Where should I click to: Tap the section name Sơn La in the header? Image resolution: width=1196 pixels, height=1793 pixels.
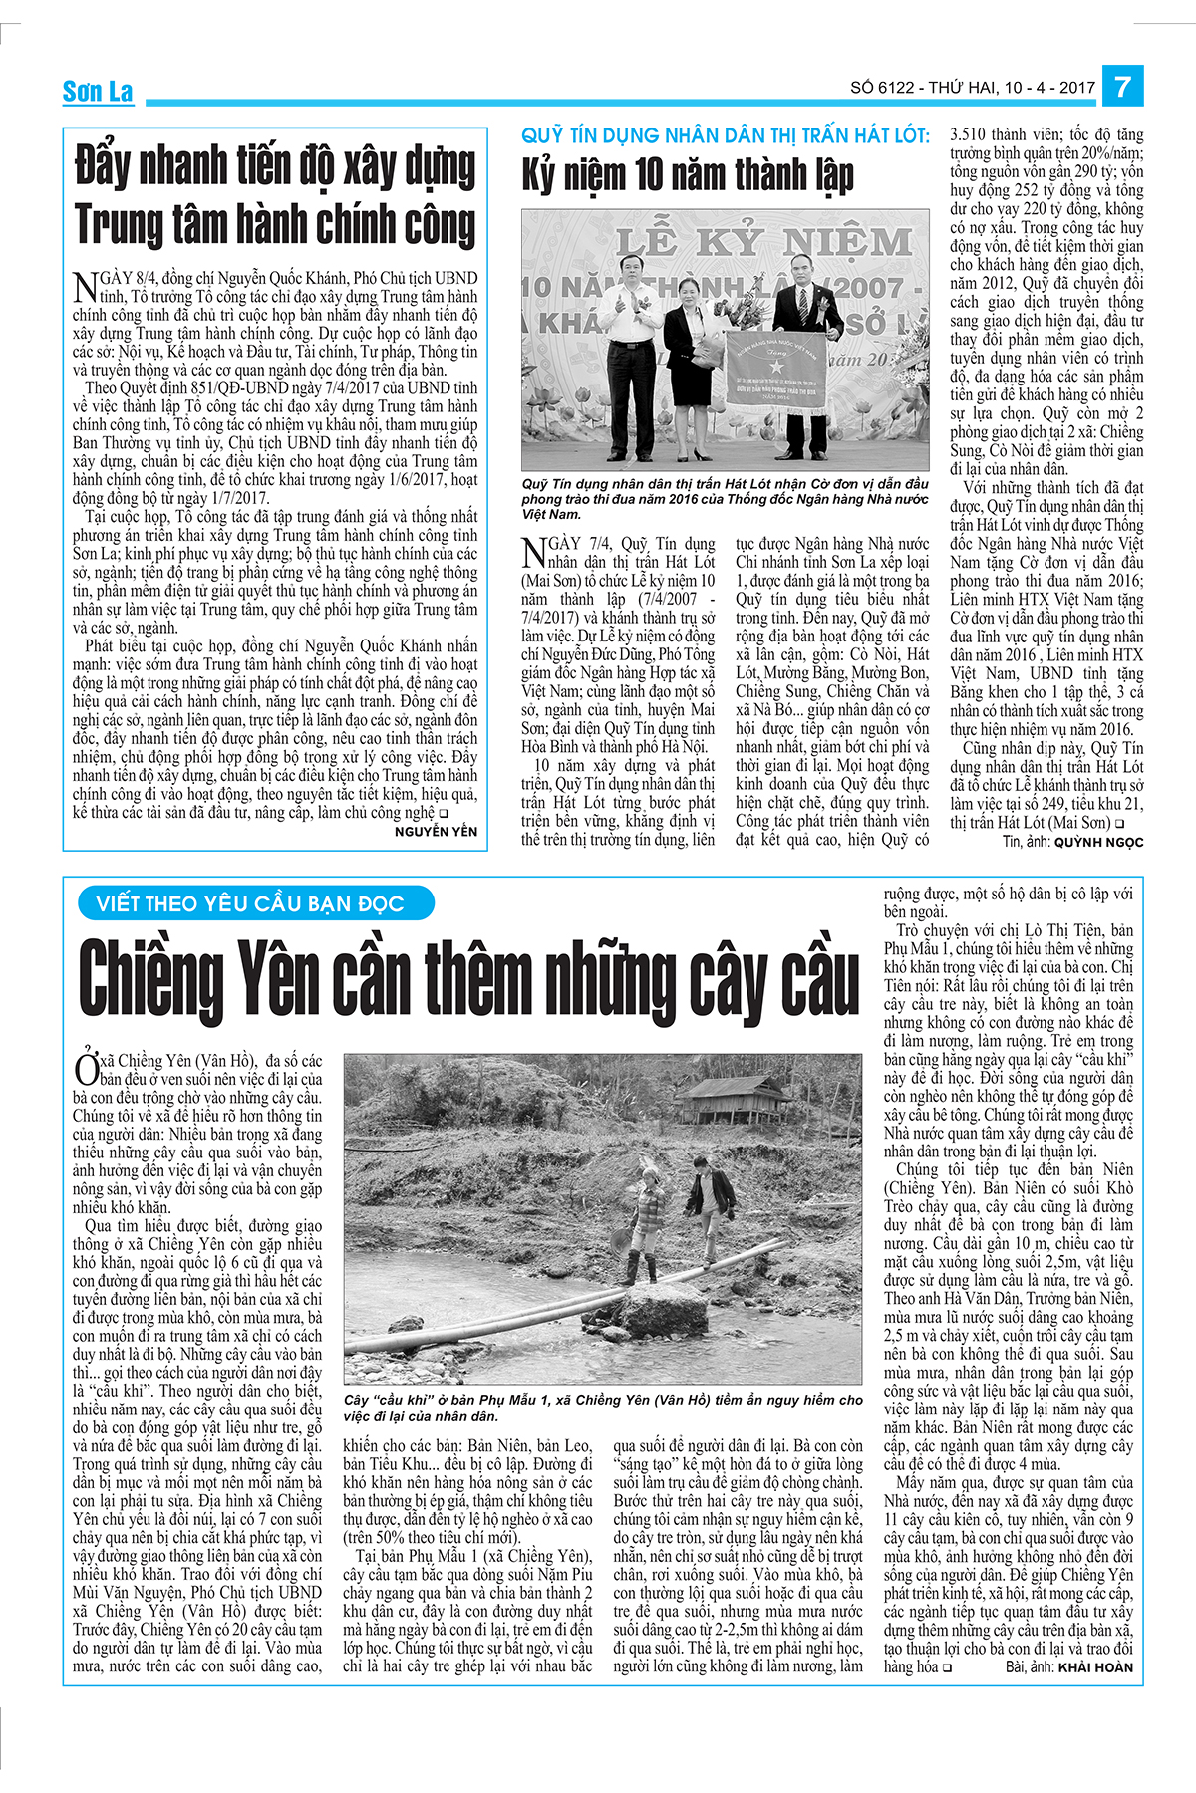click(x=97, y=92)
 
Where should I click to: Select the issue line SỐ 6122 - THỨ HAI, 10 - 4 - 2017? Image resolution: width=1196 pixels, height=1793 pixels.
click(x=972, y=88)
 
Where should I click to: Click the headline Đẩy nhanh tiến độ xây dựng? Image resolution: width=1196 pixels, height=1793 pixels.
click(x=275, y=167)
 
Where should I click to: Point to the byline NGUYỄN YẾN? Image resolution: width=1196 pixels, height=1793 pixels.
click(x=436, y=832)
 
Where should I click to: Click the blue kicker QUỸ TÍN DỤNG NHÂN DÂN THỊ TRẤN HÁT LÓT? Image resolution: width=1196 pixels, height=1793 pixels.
click(x=726, y=135)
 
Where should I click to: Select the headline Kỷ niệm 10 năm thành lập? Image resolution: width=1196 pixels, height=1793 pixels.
click(x=688, y=176)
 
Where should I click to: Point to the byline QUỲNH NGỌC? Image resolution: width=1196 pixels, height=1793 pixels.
click(x=1098, y=842)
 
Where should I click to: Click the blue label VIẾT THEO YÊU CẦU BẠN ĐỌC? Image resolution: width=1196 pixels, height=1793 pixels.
click(x=250, y=904)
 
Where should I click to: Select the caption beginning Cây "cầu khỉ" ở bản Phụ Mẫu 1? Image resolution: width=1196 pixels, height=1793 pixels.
click(x=603, y=1408)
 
